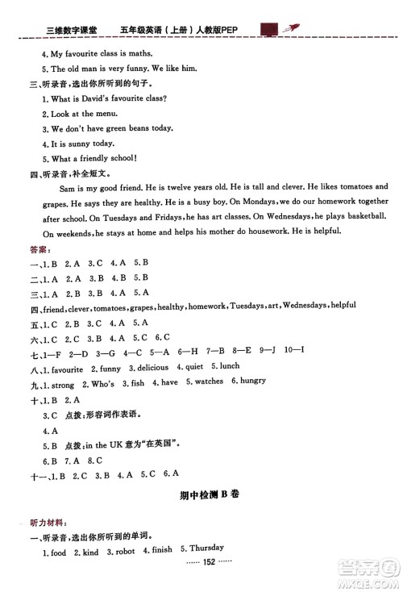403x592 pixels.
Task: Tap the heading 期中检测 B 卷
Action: click(208, 495)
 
